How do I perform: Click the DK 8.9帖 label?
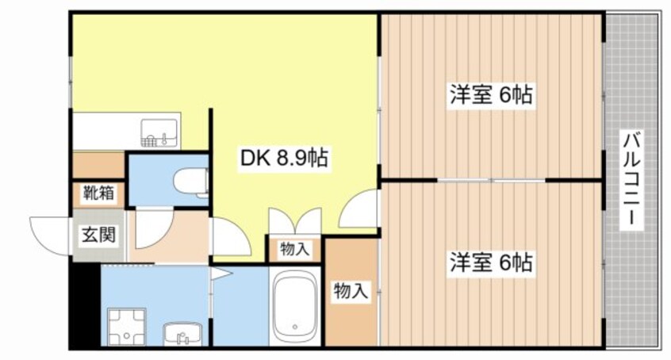tap(284, 159)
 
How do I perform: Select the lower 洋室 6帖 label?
tap(491, 261)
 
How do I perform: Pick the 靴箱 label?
tap(99, 193)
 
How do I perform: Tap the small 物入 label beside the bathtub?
tap(295, 249)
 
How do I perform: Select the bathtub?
tap(295, 306)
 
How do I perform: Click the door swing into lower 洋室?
tap(359, 209)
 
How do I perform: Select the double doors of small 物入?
tap(295, 221)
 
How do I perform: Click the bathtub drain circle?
tap(294, 326)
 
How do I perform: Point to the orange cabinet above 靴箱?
tap(99, 165)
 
